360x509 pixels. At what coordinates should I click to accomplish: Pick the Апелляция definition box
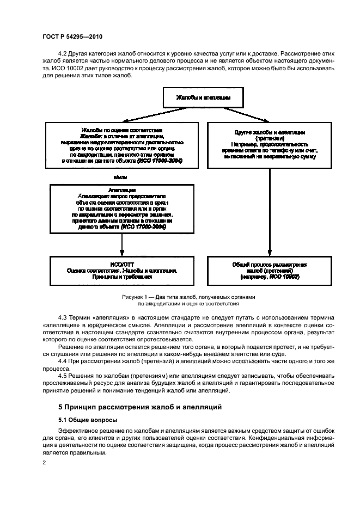pos(121,208)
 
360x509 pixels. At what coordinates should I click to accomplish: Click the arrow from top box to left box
pos(144,115)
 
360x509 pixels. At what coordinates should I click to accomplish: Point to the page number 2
pos(44,462)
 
